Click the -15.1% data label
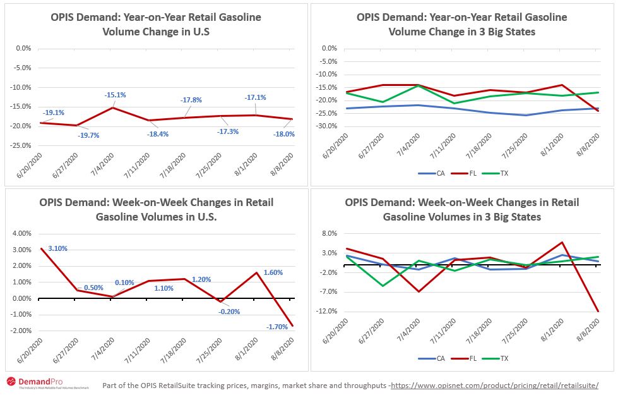[115, 95]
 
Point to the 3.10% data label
[57, 248]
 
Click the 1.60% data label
[273, 272]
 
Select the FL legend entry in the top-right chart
[470, 173]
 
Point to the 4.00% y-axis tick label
[21, 233]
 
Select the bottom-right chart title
[461, 209]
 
